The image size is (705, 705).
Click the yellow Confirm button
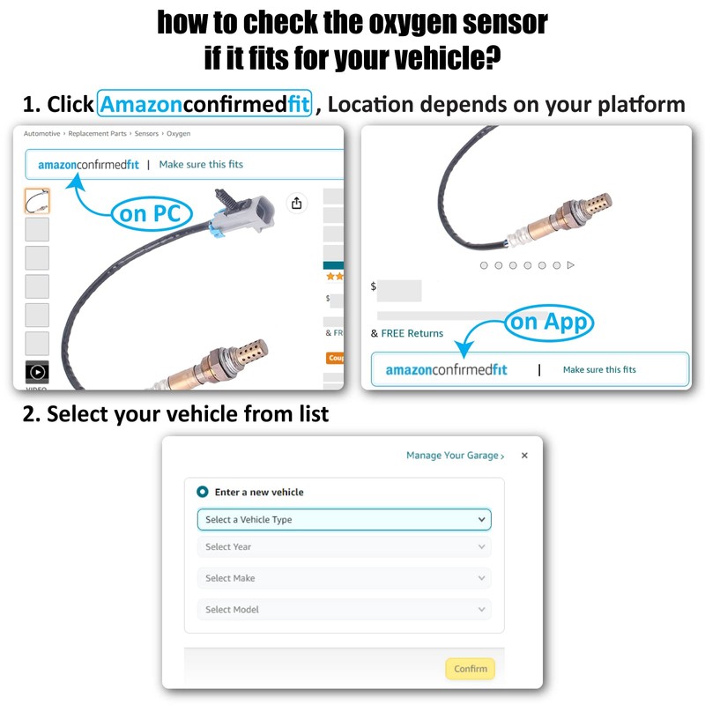pyautogui.click(x=470, y=669)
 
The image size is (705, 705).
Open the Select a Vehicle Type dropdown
pyautogui.click(x=344, y=520)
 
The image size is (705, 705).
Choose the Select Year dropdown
pyautogui.click(x=344, y=547)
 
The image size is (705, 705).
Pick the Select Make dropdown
pyautogui.click(x=344, y=578)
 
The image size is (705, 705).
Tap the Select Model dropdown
pyautogui.click(x=344, y=610)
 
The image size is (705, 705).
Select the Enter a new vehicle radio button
pyautogui.click(x=203, y=492)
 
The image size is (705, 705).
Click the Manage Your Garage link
pyautogui.click(x=455, y=456)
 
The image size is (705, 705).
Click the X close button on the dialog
pyautogui.click(x=524, y=456)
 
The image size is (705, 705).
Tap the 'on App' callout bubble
pyautogui.click(x=549, y=322)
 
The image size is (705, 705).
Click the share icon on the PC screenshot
pyautogui.click(x=297, y=204)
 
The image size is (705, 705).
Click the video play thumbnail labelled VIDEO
pyautogui.click(x=37, y=372)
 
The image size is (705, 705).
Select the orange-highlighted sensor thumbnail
pyautogui.click(x=37, y=201)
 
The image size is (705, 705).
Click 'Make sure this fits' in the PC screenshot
pyautogui.click(x=201, y=165)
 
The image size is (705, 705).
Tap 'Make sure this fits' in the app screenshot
pyautogui.click(x=599, y=370)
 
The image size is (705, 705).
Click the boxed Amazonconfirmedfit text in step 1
pyautogui.click(x=205, y=105)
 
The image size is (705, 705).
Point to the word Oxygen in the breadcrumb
pyautogui.click(x=179, y=134)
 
